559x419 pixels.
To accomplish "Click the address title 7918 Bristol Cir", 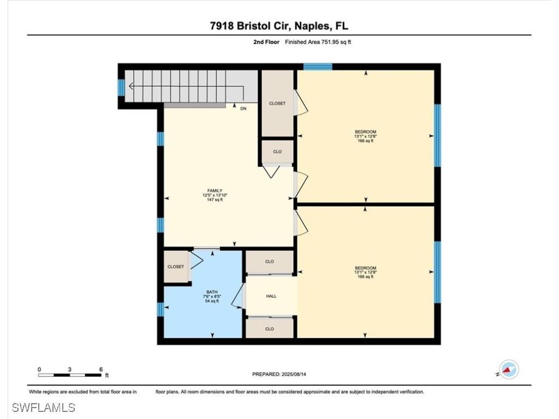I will pos(279,26).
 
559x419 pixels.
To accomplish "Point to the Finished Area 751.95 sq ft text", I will pos(318,42).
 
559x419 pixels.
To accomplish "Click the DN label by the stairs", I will pos(243,109).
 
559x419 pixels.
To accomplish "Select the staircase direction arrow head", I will pos(131,85).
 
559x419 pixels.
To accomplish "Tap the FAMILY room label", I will pos(215,190).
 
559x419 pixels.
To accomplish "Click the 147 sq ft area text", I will pos(215,200).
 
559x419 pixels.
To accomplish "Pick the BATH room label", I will pos(212,292).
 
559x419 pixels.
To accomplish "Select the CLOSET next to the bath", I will pos(176,266).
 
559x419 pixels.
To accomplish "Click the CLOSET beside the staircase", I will pos(277,103).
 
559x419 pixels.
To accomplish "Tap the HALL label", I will pos(271,296).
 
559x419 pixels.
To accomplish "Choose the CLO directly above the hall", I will pos(270,262).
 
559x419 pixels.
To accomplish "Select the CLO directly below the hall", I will pos(270,329).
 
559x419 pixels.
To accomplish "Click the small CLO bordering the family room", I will pos(277,152).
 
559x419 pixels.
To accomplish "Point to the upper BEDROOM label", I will pos(365,131).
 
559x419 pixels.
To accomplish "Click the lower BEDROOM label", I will pos(365,268).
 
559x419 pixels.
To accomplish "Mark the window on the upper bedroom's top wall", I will pos(318,67).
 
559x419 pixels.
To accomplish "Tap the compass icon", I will pos(509,369).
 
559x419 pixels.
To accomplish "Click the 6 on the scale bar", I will pos(101,369).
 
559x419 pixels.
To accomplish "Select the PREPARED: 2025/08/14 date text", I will pos(283,374).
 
